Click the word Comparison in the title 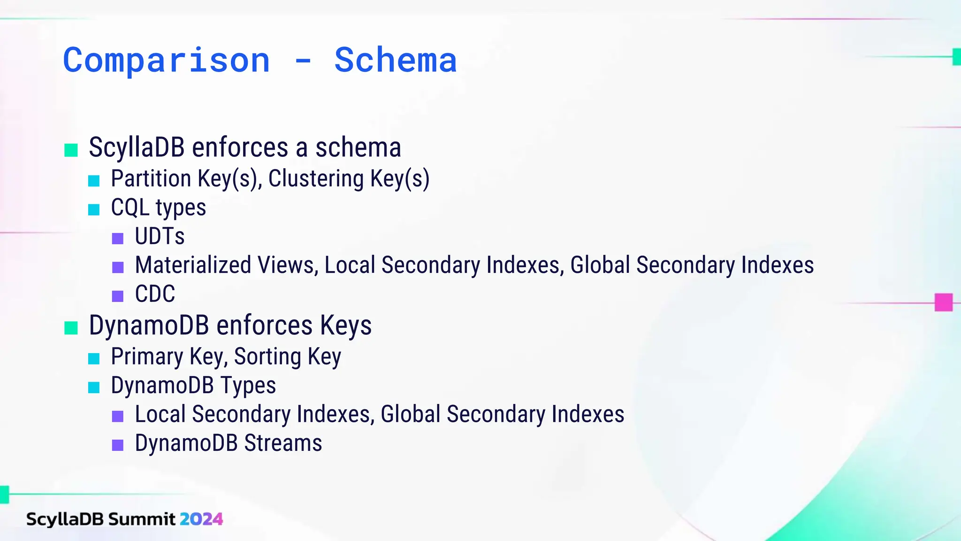click(x=167, y=61)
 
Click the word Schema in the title click(x=395, y=61)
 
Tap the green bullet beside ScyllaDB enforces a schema click(x=71, y=150)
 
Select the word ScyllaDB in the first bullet click(x=137, y=147)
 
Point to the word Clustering click(x=316, y=179)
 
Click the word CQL click(x=130, y=208)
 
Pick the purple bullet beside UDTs click(x=118, y=238)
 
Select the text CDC click(x=155, y=294)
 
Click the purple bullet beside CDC click(x=118, y=296)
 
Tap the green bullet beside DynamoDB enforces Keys click(x=71, y=328)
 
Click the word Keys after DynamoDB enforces click(x=346, y=325)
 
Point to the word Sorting click(x=267, y=356)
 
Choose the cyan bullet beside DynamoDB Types click(x=94, y=387)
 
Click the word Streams click(x=283, y=443)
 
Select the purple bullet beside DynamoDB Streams click(x=118, y=445)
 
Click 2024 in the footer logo click(x=201, y=519)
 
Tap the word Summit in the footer click(x=142, y=519)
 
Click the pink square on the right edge click(x=943, y=302)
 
